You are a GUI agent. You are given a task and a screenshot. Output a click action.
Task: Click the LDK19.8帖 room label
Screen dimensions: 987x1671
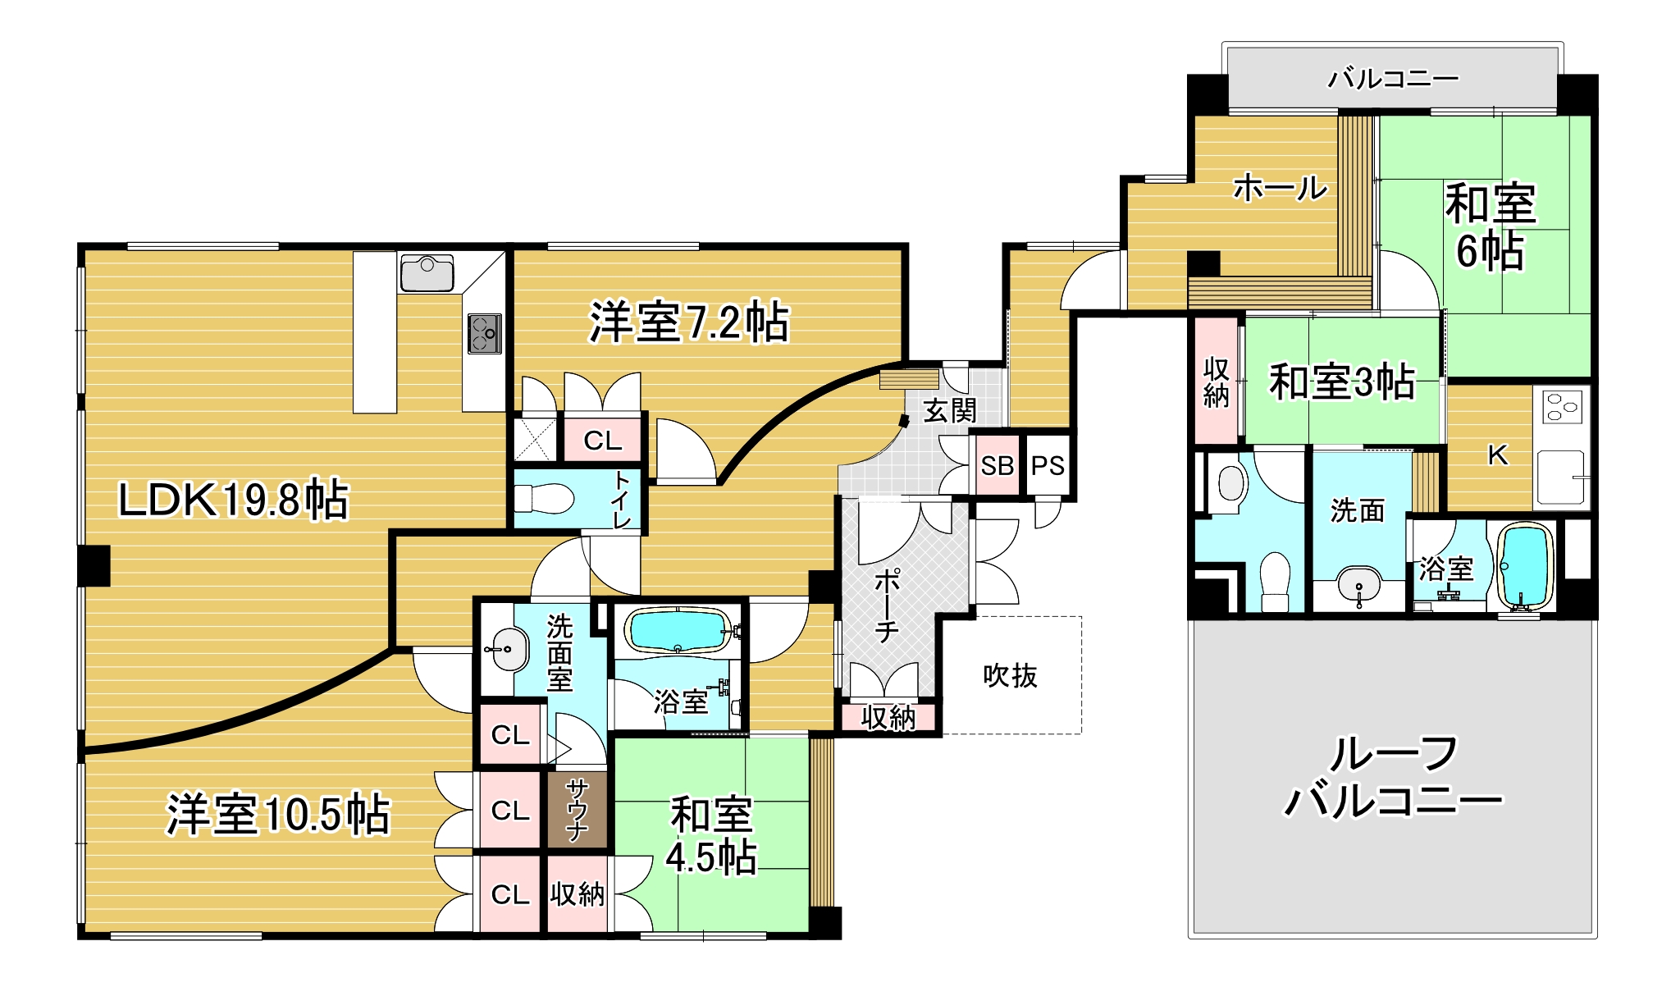233,500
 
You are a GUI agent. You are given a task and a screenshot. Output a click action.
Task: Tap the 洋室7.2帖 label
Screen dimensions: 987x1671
689,322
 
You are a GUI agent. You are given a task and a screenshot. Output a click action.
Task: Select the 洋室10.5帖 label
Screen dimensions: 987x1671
278,814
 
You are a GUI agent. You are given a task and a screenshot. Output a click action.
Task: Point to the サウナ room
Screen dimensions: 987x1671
578,810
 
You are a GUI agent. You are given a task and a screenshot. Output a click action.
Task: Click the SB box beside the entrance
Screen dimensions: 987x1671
998,466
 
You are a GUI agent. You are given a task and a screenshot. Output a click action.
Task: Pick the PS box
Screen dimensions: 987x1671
1048,466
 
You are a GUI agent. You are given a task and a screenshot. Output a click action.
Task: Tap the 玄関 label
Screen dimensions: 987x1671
950,410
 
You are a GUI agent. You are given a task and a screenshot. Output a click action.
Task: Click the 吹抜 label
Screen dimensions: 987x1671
1011,675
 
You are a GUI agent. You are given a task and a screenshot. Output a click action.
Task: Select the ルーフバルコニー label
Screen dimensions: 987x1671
1393,777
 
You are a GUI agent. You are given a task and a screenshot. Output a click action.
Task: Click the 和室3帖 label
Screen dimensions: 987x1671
1342,382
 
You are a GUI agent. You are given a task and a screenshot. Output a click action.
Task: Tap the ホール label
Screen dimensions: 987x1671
1280,189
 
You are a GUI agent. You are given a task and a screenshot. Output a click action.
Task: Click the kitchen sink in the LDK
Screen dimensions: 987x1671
427,273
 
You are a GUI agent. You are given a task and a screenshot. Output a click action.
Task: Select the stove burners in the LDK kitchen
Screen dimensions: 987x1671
484,333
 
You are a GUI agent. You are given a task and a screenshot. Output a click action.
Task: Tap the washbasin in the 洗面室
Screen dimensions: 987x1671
507,649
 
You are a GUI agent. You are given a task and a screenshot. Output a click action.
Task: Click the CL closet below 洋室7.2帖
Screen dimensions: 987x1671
603,441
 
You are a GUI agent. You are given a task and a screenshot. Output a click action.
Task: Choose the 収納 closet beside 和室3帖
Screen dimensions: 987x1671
1216,382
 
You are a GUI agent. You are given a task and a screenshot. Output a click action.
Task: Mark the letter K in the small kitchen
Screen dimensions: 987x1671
1498,455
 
